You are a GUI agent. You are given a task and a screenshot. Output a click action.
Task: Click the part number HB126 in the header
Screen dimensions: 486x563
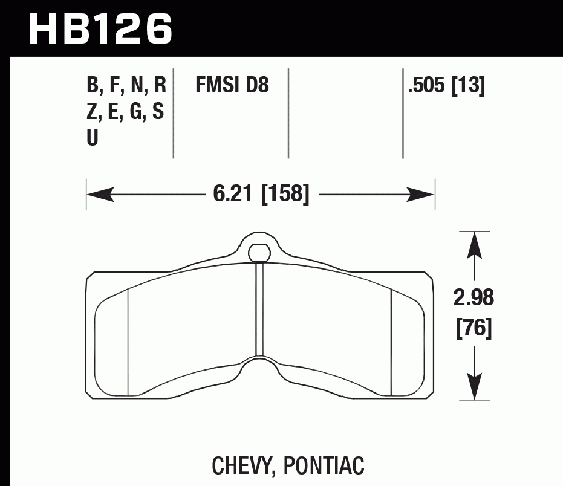tap(100, 28)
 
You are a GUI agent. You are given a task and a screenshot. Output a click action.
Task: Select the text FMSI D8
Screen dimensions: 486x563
tap(232, 86)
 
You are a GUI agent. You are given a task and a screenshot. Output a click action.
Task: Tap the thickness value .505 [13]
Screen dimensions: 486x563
tap(446, 86)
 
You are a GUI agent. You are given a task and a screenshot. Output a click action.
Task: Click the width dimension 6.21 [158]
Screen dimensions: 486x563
tap(261, 195)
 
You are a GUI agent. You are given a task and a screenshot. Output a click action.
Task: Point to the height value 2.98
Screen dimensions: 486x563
tap(474, 298)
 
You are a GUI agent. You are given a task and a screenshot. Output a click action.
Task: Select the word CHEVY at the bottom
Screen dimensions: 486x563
tap(239, 465)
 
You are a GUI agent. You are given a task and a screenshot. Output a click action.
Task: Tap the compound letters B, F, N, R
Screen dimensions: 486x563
tap(126, 86)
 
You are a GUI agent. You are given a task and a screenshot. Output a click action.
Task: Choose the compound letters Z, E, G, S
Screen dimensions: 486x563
tap(125, 112)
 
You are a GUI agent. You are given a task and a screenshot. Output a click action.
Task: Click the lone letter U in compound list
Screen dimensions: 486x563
tap(93, 138)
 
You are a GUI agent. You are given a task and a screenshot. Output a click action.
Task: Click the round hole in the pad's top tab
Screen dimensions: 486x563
tap(259, 251)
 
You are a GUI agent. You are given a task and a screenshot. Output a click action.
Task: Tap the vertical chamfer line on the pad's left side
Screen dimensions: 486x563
tap(128, 342)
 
